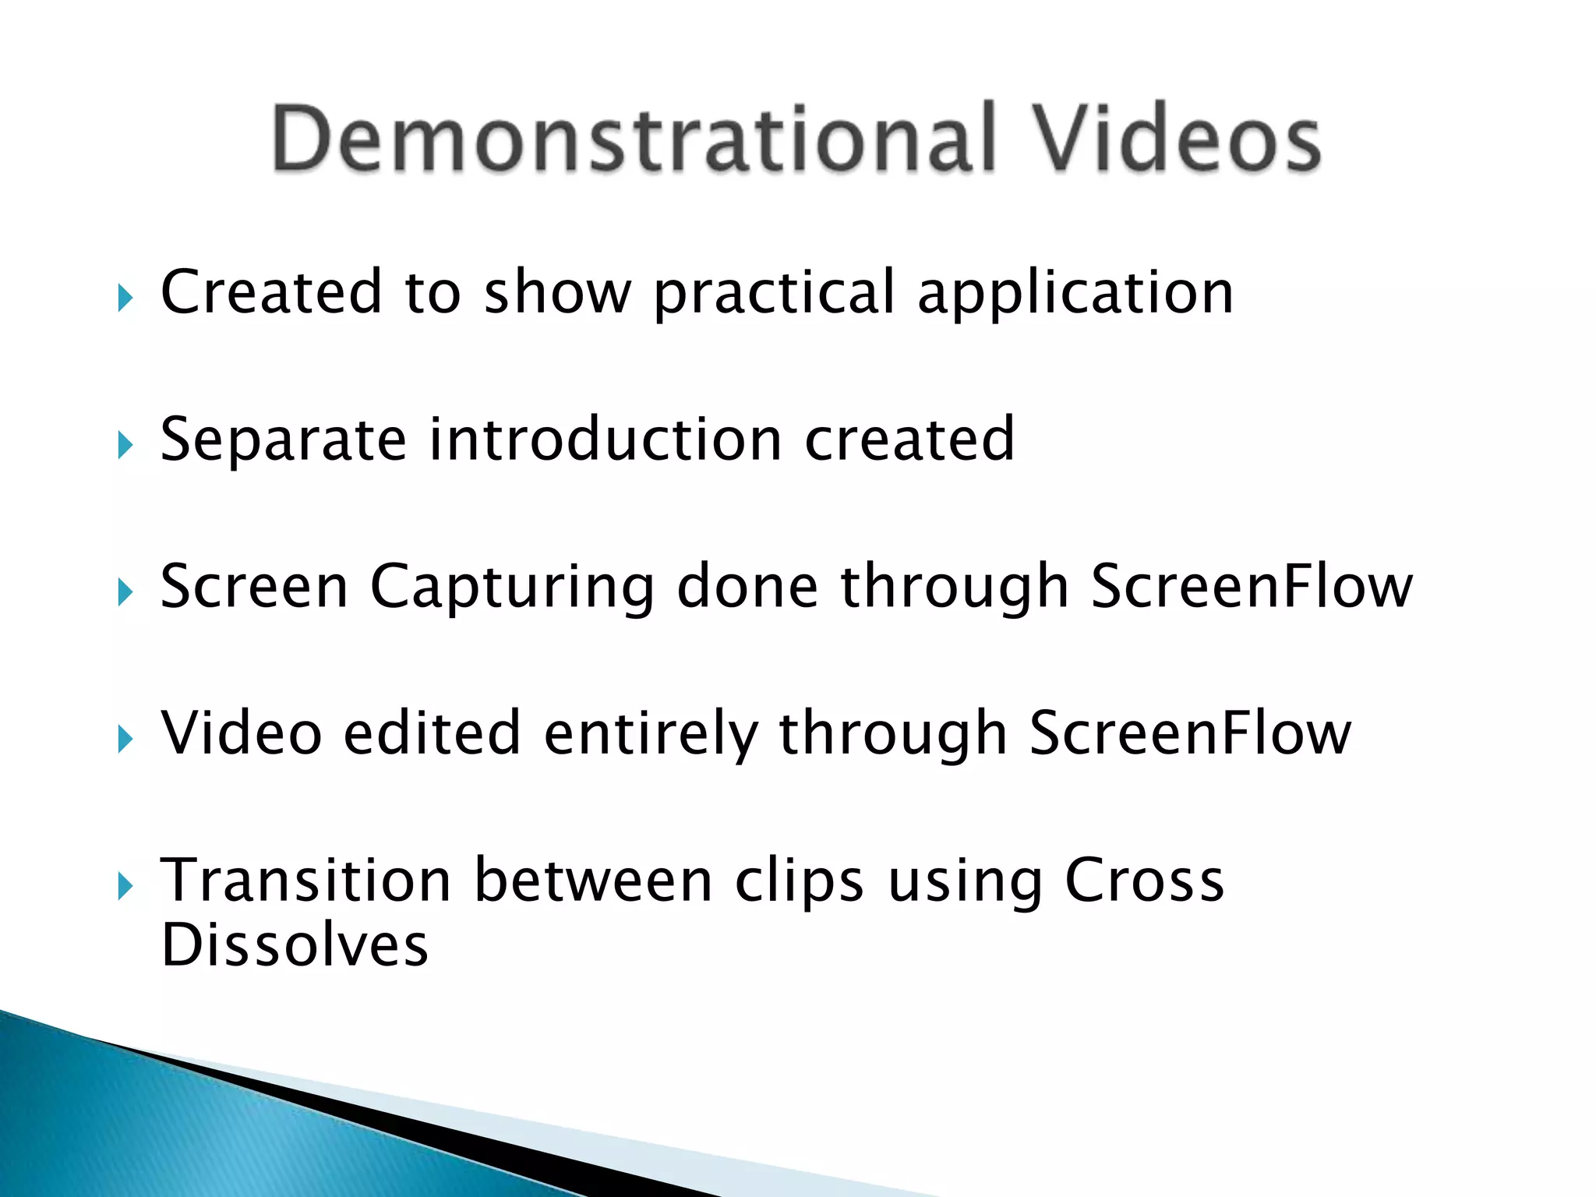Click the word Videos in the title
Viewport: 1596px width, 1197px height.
click(x=1176, y=139)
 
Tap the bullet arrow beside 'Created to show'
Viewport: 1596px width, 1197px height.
click(x=125, y=297)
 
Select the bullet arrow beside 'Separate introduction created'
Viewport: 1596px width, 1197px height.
click(x=125, y=445)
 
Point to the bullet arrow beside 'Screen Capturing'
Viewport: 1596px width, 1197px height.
click(x=125, y=592)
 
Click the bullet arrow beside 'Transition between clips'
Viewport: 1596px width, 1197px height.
click(x=125, y=886)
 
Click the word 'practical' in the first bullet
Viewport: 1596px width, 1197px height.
click(x=775, y=295)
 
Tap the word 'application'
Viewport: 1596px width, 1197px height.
click(x=1075, y=295)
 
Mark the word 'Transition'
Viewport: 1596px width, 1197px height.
click(x=306, y=881)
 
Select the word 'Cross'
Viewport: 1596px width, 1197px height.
click(x=1145, y=881)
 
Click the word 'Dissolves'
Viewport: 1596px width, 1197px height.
click(x=295, y=945)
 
